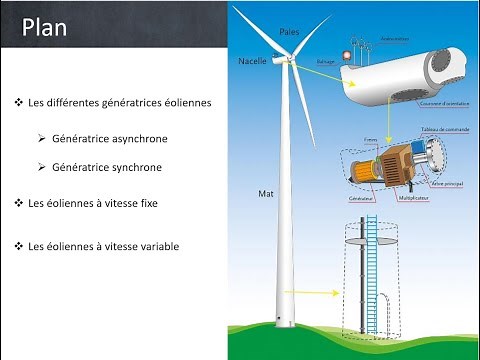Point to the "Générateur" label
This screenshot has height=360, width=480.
362,199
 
